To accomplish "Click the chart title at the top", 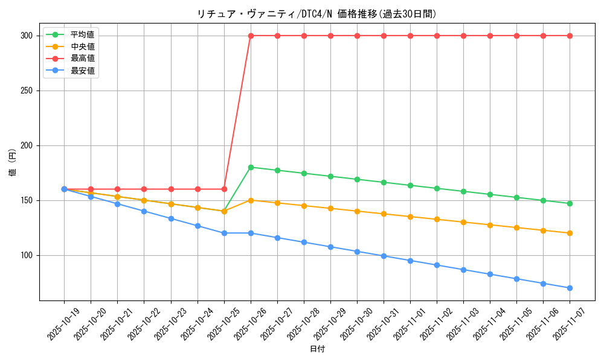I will point(316,14).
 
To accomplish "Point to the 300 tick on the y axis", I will point(26,36).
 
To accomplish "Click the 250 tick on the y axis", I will point(26,91).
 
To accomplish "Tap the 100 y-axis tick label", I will point(26,255).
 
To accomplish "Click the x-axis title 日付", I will point(317,349).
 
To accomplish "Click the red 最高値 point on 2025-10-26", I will point(251,36).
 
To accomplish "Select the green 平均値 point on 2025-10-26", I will point(251,167).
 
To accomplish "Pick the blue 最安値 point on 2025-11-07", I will point(570,288).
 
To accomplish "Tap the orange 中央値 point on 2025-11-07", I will point(570,233).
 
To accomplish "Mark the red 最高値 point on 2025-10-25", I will point(224,189).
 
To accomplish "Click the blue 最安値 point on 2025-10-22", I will point(144,211).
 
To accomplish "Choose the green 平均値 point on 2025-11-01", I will point(410,185).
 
